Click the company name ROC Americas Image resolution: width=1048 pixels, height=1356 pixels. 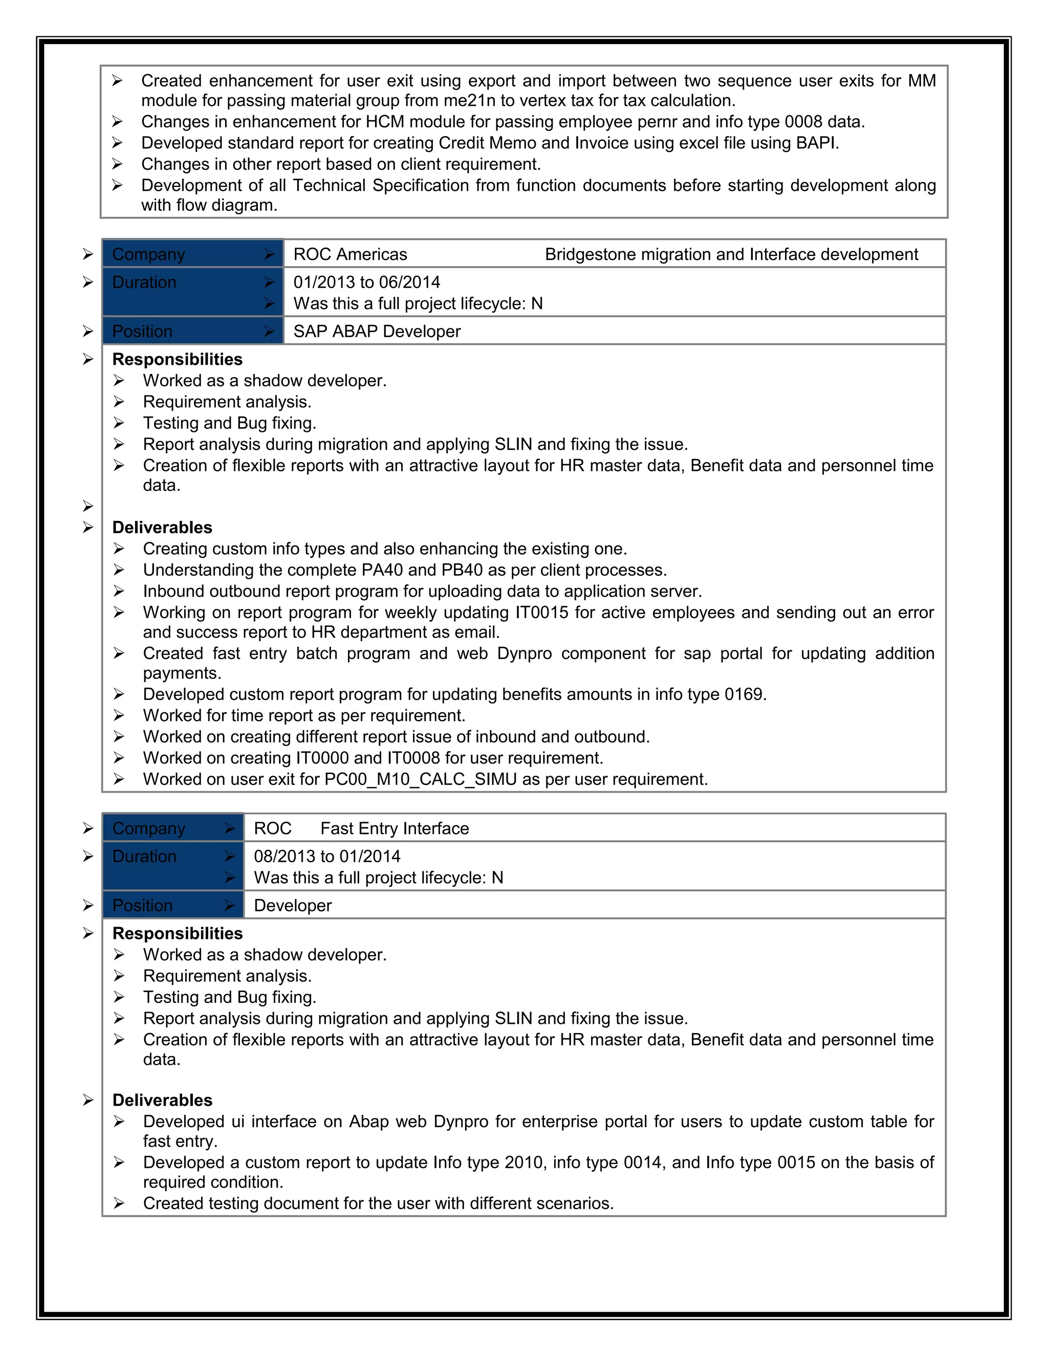[350, 254]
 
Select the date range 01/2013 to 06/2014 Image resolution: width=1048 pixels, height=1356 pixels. [366, 282]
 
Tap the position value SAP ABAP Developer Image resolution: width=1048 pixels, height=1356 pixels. [377, 332]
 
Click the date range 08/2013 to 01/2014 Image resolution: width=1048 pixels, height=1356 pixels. [327, 857]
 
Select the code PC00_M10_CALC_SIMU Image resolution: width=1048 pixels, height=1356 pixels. [420, 780]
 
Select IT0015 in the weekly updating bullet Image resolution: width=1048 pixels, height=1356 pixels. [542, 613]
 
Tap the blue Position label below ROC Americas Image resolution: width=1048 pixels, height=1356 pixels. [143, 332]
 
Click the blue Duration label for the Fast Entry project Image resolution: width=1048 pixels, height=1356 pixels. [145, 857]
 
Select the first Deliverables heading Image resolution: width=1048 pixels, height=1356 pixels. [162, 528]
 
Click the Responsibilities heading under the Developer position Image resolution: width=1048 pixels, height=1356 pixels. [178, 934]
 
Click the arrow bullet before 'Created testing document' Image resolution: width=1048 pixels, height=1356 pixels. [119, 1204]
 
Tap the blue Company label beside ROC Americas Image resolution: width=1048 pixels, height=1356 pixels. [149, 254]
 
